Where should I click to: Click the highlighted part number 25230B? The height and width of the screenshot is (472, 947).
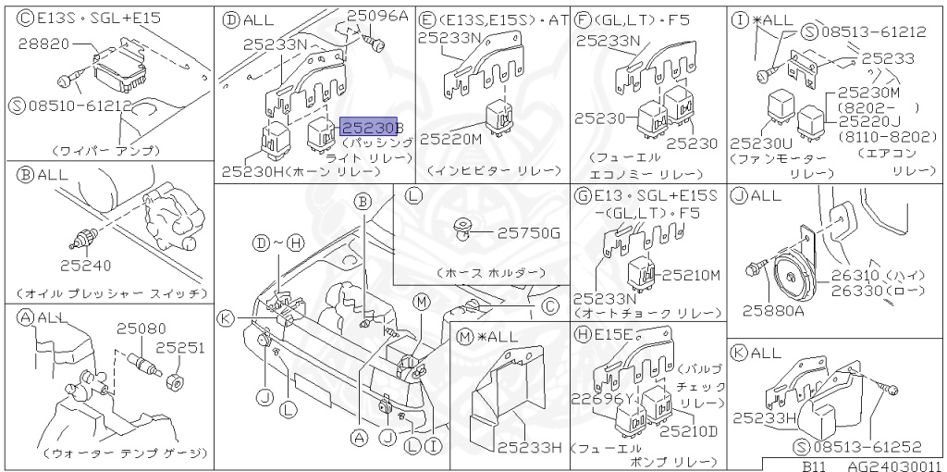tap(372, 127)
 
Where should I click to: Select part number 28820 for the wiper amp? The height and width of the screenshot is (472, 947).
tap(45, 43)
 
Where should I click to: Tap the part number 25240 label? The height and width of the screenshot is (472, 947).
tap(86, 266)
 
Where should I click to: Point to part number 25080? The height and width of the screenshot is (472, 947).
tap(141, 329)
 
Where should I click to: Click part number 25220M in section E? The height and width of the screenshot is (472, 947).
tap(450, 139)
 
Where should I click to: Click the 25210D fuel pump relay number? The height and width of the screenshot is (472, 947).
tap(687, 431)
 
